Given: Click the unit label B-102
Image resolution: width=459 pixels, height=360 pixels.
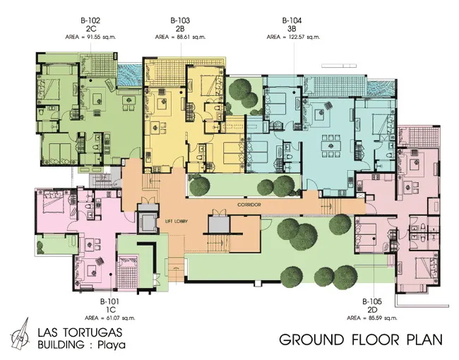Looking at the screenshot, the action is coord(90,20).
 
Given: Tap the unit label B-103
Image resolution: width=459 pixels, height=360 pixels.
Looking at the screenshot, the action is coord(180,20).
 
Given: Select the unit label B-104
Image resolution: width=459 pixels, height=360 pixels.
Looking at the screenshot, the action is coord(292,20).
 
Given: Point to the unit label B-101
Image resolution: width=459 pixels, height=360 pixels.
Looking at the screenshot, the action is coord(109,301).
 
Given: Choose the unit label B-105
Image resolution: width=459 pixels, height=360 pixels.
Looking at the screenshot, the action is coord(372,301).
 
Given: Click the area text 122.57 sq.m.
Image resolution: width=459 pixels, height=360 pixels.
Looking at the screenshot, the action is coord(303,37).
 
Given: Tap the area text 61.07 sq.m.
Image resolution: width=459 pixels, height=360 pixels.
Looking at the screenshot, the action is coord(119,318).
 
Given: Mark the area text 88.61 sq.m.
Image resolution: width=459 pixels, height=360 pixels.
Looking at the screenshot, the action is coord(190,37).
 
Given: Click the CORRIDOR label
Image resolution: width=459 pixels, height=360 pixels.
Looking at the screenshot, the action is coord(249,205).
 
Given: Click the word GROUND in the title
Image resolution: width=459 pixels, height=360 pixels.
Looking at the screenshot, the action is coord(311,340).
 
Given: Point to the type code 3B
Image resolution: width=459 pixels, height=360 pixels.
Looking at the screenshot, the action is coord(292,29).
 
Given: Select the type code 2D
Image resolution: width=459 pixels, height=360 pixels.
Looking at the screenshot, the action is coord(372,310).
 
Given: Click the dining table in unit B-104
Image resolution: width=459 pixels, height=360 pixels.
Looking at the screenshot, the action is coord(330,145).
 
